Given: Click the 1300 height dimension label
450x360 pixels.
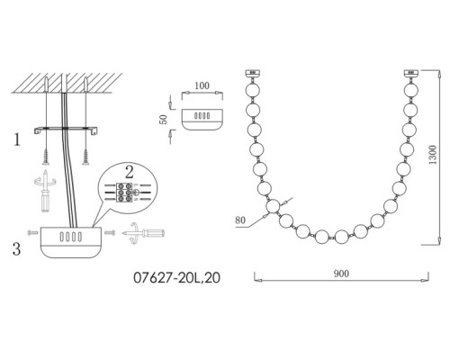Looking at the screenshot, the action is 433,155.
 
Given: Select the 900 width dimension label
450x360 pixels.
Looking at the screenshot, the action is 341,274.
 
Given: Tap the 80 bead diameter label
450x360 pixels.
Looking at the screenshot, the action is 240,220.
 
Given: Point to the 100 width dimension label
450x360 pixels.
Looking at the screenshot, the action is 202,85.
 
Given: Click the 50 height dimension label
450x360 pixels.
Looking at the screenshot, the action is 164,120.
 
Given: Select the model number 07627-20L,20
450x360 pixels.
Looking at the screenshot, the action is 176,278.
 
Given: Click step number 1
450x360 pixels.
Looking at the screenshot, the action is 17,139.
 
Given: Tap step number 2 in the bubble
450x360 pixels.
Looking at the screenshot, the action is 130,172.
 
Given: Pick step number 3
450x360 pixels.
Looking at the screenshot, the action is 16,248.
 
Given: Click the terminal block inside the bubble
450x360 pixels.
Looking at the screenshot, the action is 124,192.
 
